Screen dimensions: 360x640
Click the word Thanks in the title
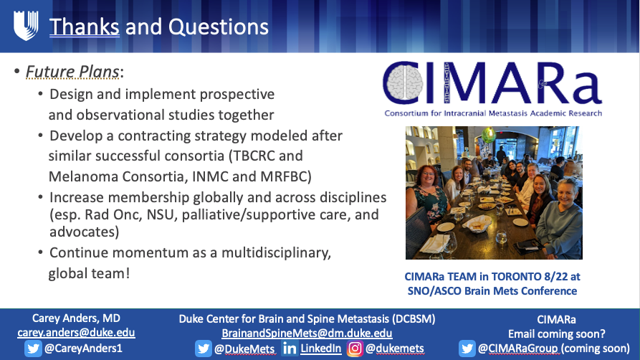84,27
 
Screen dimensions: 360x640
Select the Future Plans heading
74,72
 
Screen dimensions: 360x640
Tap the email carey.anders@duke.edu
75,333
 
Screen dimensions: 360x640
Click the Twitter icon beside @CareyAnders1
32,349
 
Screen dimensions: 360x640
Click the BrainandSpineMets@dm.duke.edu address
307,333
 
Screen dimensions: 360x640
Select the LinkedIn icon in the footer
290,349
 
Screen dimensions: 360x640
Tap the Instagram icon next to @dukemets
355,349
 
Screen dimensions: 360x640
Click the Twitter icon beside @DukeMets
204,349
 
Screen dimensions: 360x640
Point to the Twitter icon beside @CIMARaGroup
468,349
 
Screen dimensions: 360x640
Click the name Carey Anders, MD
75,318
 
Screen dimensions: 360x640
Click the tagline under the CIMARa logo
493,113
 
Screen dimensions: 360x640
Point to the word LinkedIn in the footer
321,349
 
